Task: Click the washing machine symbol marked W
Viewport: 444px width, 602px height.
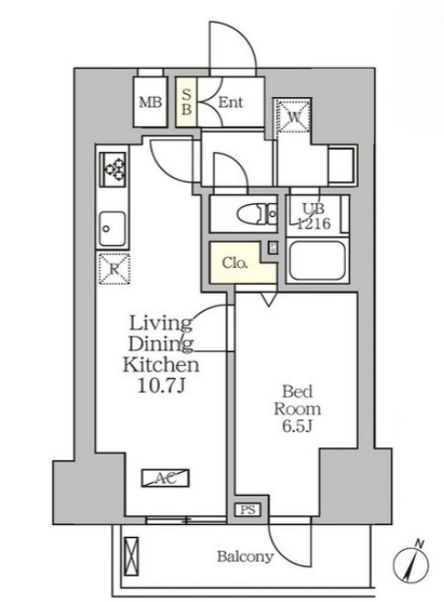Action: pyautogui.click(x=292, y=117)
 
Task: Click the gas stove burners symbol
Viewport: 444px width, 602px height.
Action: pyautogui.click(x=115, y=168)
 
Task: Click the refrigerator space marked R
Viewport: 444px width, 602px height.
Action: pyautogui.click(x=114, y=267)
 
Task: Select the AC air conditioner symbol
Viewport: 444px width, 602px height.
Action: pyautogui.click(x=165, y=477)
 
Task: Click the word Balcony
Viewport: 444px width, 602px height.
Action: pyautogui.click(x=244, y=556)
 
